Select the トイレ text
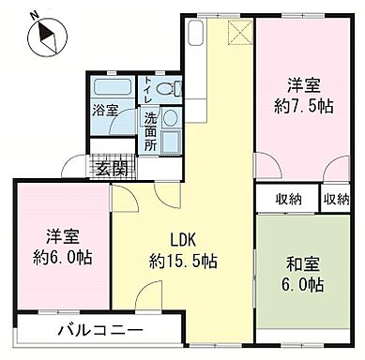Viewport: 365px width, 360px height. coord(146,92)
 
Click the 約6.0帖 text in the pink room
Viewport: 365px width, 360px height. coord(60,256)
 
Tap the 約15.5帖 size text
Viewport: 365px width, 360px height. coord(182,260)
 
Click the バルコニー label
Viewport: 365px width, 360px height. coord(100,330)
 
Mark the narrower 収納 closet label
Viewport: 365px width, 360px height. coord(336,199)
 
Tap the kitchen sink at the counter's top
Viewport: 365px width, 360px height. coord(196,35)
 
